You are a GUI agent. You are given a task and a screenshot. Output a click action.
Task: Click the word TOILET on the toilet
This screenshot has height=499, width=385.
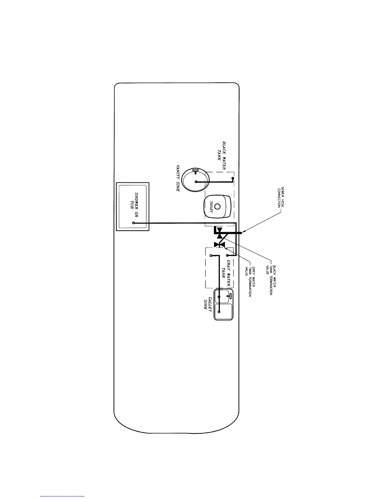coord(211,207)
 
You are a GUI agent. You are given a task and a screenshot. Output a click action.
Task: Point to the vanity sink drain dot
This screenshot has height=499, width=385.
coord(196,182)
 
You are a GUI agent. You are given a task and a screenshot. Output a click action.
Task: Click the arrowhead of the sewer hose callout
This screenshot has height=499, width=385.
coord(243,232)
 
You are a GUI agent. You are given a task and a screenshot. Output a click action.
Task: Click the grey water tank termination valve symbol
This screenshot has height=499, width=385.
coord(219,244)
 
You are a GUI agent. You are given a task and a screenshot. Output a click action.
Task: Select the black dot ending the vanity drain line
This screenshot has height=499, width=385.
coord(233,179)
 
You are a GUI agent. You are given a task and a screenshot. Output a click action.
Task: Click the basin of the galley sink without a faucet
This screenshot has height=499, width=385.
coord(223,311)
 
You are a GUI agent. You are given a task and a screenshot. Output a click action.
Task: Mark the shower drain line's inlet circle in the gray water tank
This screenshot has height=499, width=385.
coord(227,255)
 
